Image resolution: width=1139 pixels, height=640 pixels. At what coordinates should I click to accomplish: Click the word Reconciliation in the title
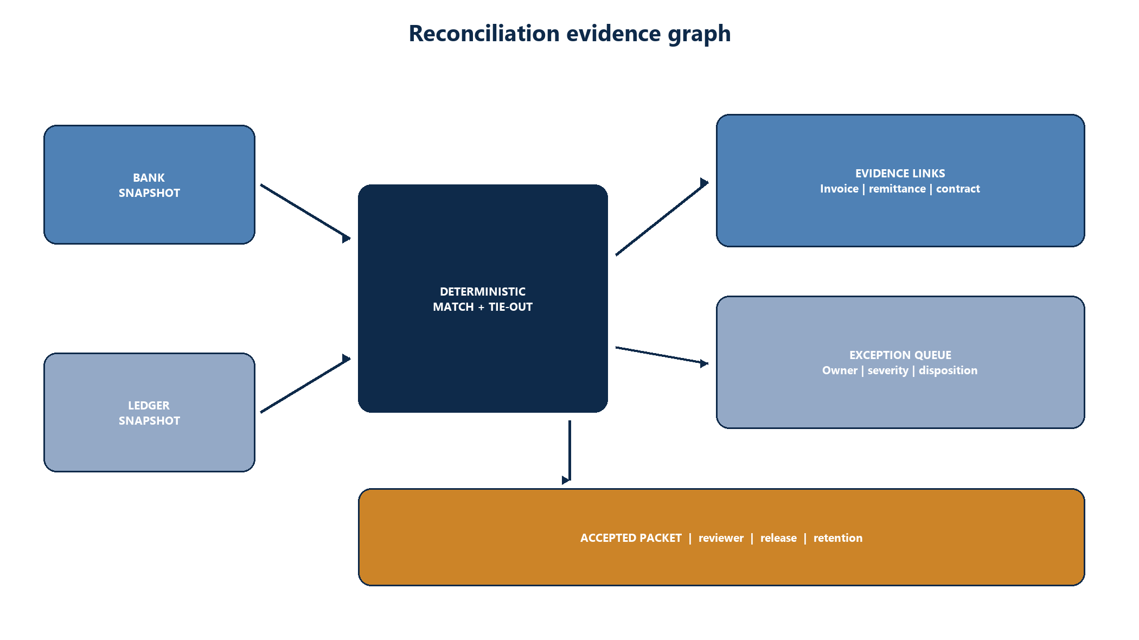484,33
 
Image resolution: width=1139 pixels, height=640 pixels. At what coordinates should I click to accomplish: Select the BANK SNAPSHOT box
149,185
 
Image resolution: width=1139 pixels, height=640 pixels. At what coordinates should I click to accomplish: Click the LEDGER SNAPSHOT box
149,413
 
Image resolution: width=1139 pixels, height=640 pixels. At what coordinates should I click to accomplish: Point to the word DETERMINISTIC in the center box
483,292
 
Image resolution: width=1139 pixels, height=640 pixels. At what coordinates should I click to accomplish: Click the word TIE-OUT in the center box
510,307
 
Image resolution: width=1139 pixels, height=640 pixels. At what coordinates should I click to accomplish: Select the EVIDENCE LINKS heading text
900,174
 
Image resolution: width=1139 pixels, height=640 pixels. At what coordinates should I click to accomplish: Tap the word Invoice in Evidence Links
839,189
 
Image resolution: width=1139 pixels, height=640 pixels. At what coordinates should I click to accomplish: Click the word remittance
897,189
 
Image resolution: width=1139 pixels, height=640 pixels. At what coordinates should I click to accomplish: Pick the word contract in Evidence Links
958,189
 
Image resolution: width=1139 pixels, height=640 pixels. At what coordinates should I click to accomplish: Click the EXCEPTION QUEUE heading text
900,355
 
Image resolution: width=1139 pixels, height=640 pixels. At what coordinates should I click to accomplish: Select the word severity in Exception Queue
888,370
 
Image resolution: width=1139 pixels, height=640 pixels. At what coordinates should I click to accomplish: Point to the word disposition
948,370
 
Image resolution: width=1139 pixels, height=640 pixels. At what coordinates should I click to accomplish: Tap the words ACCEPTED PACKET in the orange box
631,538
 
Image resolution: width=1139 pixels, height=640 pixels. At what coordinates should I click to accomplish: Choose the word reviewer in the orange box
721,538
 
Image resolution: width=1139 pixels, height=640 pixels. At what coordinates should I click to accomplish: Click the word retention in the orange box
838,538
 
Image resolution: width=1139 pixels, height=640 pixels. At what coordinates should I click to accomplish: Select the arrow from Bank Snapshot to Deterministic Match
305,212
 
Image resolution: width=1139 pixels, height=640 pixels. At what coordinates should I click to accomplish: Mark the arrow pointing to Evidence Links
662,216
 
